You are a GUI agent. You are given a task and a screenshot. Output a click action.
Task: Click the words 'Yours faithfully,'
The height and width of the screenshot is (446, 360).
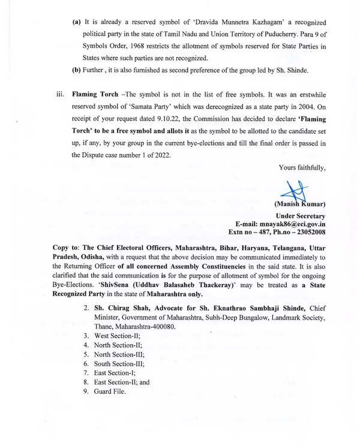[302, 168]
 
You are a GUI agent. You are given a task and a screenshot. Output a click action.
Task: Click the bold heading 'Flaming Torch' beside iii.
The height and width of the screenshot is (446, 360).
[92, 94]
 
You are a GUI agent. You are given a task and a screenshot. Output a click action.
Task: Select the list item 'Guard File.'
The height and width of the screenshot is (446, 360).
[110, 391]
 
